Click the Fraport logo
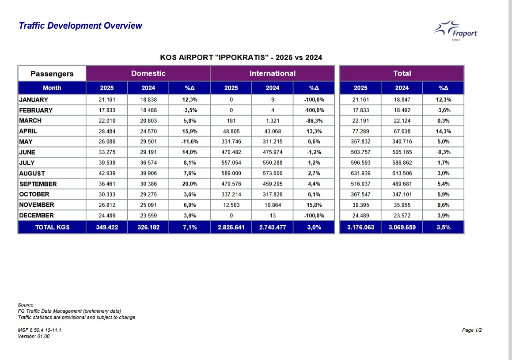(x=455, y=30)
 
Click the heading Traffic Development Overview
(x=80, y=26)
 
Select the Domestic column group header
(x=148, y=73)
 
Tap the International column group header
(x=272, y=73)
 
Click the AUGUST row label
(x=32, y=174)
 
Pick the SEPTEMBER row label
(x=38, y=184)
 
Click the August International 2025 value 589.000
(x=231, y=174)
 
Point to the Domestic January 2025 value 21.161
(x=107, y=100)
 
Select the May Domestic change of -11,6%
(x=190, y=142)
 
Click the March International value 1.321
(x=273, y=121)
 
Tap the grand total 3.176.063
(x=360, y=227)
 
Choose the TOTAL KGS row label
(x=52, y=227)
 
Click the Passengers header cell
(x=52, y=74)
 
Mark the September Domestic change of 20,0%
(x=190, y=184)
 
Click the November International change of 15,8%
(x=314, y=205)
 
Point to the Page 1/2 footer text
(x=472, y=330)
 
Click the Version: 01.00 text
(x=34, y=336)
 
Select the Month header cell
(x=52, y=88)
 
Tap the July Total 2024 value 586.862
(x=402, y=163)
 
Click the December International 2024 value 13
(x=273, y=216)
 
